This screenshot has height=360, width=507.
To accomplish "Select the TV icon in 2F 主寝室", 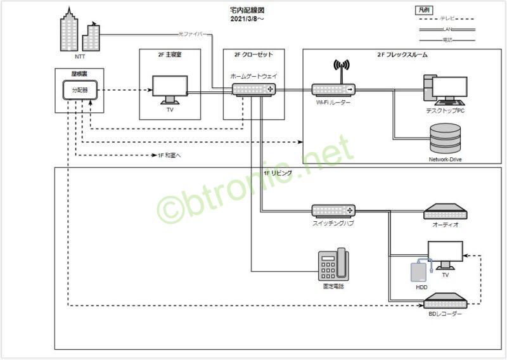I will point(170,89).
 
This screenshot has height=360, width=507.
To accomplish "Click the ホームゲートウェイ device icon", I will point(253,90).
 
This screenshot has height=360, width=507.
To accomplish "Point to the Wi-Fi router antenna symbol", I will point(342,67).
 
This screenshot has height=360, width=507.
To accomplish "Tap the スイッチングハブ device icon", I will point(333,210).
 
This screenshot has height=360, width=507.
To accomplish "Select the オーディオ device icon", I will point(446,211).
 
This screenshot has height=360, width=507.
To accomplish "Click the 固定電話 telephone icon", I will point(333,264).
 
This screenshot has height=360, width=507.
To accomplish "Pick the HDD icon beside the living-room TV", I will point(418,271).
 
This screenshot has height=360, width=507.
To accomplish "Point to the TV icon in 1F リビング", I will point(446,255).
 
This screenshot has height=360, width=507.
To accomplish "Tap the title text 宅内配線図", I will point(247,11).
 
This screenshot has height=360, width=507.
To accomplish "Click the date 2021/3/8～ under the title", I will point(247,20).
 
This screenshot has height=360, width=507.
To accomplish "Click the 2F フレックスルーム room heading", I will point(402,55).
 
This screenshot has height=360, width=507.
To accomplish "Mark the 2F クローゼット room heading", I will point(253,55).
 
